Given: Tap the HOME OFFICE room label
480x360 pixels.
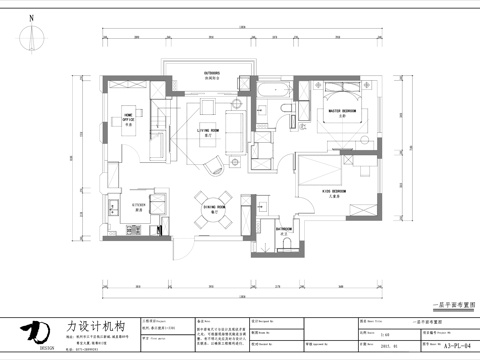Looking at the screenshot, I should [x=129, y=117].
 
